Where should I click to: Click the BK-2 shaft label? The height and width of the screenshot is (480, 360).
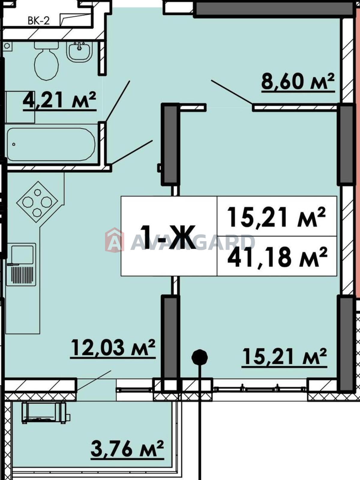pyautogui.click(x=39, y=21)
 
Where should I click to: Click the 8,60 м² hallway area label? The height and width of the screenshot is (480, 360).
pyautogui.click(x=298, y=82)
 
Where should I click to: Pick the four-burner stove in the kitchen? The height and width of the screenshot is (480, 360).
pyautogui.click(x=37, y=202)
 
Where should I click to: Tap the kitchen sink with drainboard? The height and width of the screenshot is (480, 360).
pyautogui.click(x=21, y=265)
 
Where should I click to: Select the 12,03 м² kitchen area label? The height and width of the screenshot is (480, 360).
pyautogui.click(x=113, y=348)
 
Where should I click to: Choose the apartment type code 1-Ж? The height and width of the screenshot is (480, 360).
pyautogui.click(x=168, y=237)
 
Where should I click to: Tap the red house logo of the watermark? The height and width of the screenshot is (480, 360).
pyautogui.click(x=115, y=240)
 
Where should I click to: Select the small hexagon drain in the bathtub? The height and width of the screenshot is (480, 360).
pyautogui.click(x=14, y=144)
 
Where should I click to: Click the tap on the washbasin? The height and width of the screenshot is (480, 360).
pyautogui.click(x=79, y=46)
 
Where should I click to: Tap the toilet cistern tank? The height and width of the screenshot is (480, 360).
pyautogui.click(x=46, y=45)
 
